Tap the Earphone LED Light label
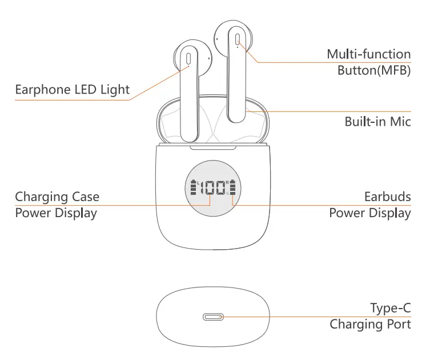(72, 90)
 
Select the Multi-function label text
(368, 54)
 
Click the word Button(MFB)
(374, 71)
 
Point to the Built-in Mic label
(377, 122)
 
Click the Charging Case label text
(57, 197)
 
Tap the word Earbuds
(387, 197)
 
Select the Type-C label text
(390, 309)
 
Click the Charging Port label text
(370, 325)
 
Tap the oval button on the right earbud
(237, 39)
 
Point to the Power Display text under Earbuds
(370, 213)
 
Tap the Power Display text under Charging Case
(56, 213)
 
